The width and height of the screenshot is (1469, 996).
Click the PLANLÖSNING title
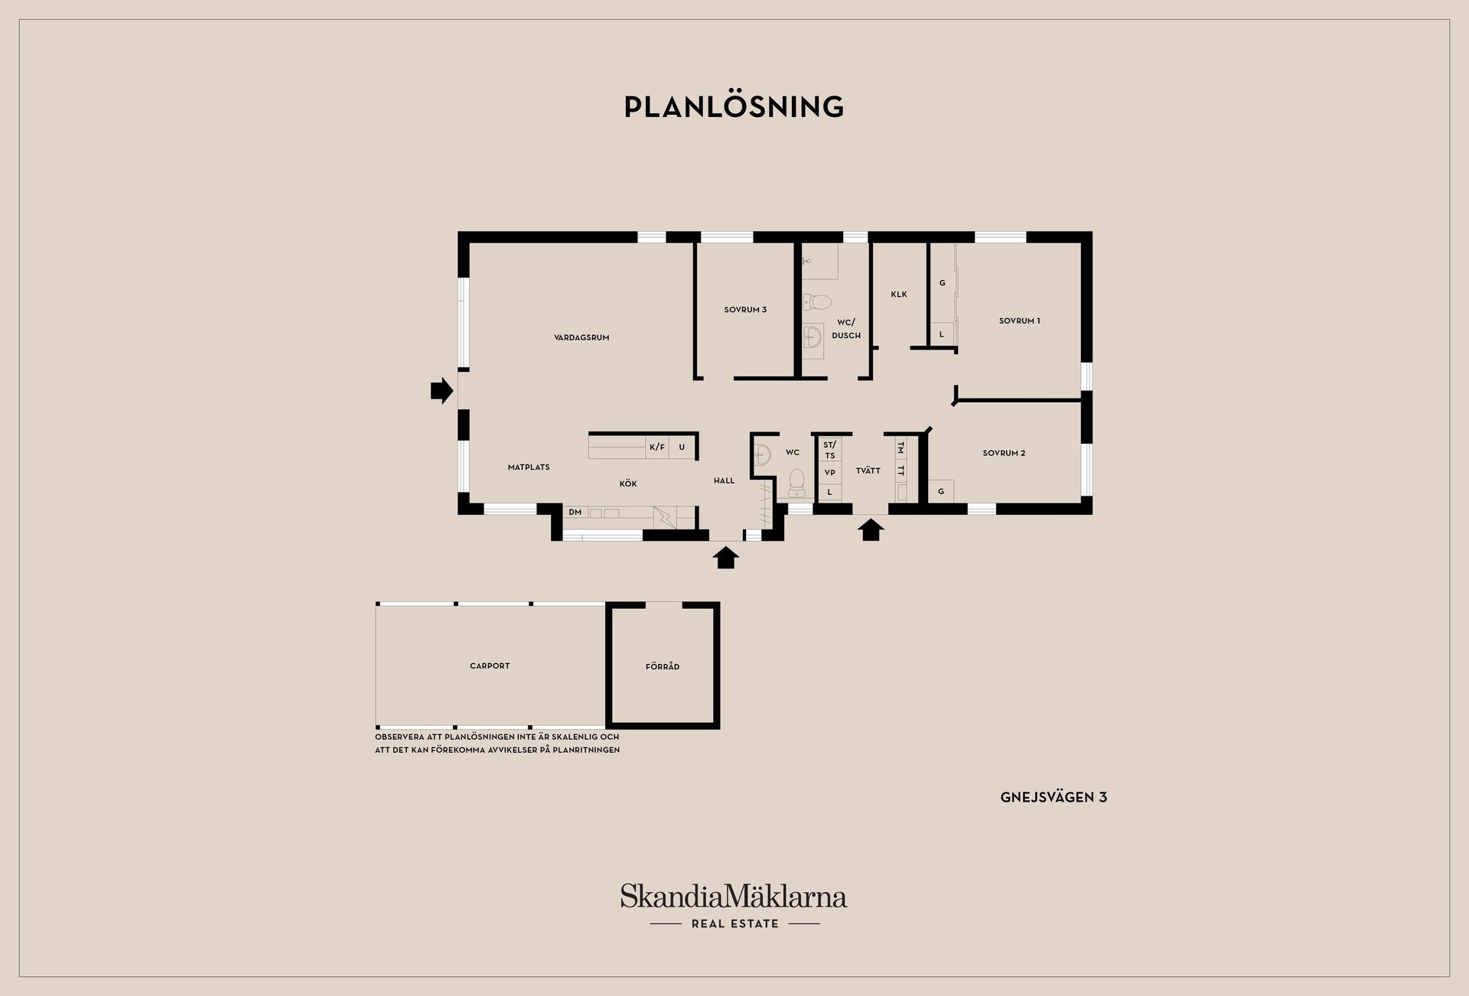[x=734, y=107]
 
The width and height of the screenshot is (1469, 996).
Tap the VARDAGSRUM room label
[x=581, y=337]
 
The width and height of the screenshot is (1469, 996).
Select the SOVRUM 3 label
[x=745, y=310]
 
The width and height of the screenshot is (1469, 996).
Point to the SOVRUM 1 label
[x=1019, y=321]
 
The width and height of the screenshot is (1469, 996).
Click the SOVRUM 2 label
[x=1004, y=453]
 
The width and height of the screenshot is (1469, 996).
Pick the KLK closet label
[x=899, y=295]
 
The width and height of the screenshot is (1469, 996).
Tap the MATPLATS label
[x=529, y=467]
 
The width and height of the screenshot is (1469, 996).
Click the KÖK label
[x=628, y=483]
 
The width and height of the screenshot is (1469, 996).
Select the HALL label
[x=724, y=481]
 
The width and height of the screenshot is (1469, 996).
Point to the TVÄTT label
[x=868, y=470]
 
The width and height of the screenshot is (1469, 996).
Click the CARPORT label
[x=490, y=666]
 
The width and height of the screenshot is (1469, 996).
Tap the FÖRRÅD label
[x=663, y=666]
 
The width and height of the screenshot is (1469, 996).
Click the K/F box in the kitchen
[x=657, y=447]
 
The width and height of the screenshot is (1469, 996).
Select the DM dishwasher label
[x=575, y=513]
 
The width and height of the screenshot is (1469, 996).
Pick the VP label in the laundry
[x=830, y=473]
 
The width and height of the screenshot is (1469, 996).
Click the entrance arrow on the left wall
[x=442, y=391]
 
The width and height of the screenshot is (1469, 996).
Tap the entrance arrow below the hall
[x=726, y=557]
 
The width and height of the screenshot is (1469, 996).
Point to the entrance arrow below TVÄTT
[x=870, y=529]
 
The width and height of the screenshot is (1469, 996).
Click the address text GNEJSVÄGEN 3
[x=1054, y=797]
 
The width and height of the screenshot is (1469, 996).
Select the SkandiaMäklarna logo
[x=734, y=906]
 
